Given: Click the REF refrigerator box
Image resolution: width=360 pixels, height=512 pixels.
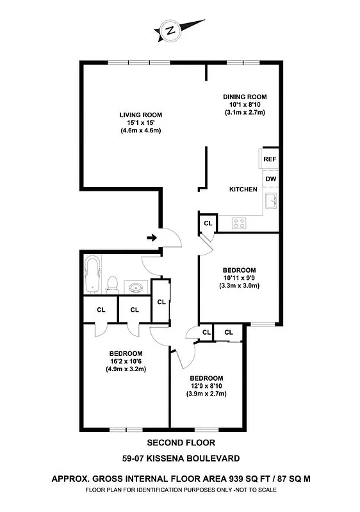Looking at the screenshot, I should tap(270, 159).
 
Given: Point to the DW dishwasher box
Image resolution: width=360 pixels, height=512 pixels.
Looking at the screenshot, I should tap(270, 179).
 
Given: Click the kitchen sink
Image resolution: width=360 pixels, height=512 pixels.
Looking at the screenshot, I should tap(272, 201).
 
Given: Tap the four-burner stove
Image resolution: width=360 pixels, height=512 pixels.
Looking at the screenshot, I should tap(240, 223).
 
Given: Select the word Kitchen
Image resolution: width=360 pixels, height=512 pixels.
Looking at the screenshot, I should tap(243, 189).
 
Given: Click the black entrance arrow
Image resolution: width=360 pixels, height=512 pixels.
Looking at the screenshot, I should tap(151, 238).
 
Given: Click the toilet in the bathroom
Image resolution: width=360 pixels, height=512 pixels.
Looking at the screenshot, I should tap(112, 283).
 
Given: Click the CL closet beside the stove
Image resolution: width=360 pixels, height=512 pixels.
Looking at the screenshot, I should tap(208, 223).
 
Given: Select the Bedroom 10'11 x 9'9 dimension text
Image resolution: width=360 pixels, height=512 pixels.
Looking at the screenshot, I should tap(240, 278).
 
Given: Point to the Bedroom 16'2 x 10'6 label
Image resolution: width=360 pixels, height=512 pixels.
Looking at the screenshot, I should tap(126, 362).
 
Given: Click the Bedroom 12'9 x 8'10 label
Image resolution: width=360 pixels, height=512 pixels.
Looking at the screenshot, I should tap(206, 385).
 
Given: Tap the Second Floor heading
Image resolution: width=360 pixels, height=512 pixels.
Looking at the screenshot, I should tap(181, 442).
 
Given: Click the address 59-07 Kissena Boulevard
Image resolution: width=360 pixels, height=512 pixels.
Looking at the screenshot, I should tap(181, 458).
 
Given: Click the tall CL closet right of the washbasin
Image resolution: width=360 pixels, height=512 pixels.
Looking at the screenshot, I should tap(161, 301).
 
